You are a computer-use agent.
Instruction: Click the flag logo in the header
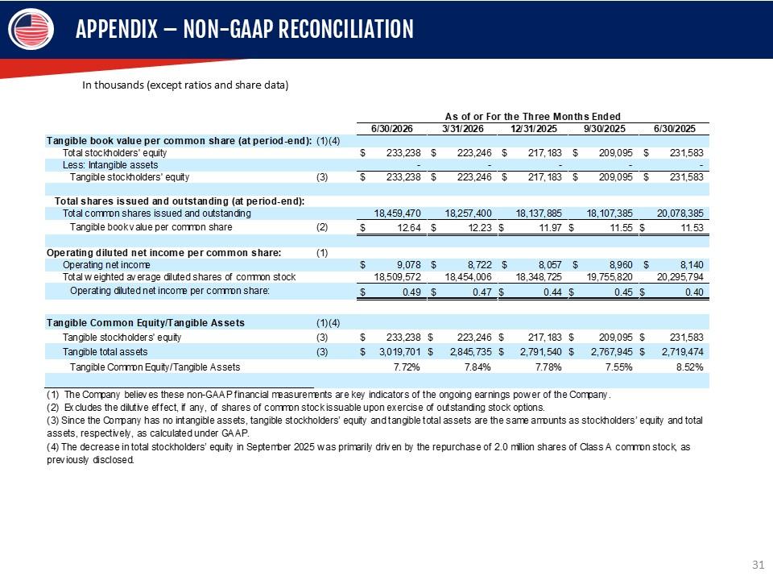[31, 29]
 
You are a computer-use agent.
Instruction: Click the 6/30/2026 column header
[392, 129]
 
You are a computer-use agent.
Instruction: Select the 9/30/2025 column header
[605, 129]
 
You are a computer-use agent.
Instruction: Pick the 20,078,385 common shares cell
[680, 213]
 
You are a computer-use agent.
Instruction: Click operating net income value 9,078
[409, 265]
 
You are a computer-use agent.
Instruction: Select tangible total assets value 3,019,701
[400, 352]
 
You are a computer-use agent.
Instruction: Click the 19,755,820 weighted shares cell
[610, 276]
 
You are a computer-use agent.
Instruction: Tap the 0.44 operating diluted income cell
[552, 292]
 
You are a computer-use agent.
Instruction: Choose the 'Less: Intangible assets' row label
[110, 164]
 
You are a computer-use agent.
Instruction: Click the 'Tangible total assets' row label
[105, 352]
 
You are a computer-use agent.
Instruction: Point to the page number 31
[759, 565]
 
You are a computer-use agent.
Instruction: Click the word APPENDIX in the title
[117, 29]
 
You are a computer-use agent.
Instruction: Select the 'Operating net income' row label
[106, 265]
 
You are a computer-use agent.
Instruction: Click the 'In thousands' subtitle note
[185, 85]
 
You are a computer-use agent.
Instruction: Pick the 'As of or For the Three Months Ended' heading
[532, 116]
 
